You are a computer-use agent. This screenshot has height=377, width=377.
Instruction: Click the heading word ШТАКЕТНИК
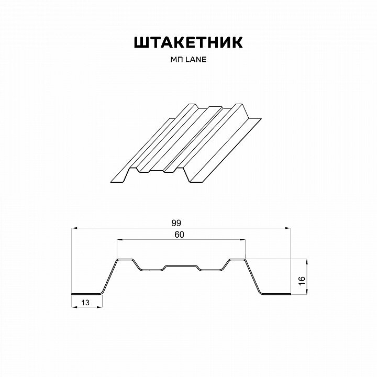(188, 43)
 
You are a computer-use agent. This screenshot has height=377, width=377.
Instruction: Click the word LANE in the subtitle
(196, 60)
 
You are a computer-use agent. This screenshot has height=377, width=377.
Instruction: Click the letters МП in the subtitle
(178, 60)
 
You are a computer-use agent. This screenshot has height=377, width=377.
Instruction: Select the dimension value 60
(179, 235)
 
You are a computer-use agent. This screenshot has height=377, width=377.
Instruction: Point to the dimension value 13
(85, 302)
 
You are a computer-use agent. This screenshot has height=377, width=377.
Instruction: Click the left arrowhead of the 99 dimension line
(74, 228)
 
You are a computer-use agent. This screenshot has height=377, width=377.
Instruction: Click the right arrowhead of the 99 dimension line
(290, 228)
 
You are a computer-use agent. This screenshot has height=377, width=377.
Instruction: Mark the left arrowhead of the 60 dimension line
(119, 240)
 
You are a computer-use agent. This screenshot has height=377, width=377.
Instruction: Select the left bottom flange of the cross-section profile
(86, 293)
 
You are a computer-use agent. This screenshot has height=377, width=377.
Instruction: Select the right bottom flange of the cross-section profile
(275, 293)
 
